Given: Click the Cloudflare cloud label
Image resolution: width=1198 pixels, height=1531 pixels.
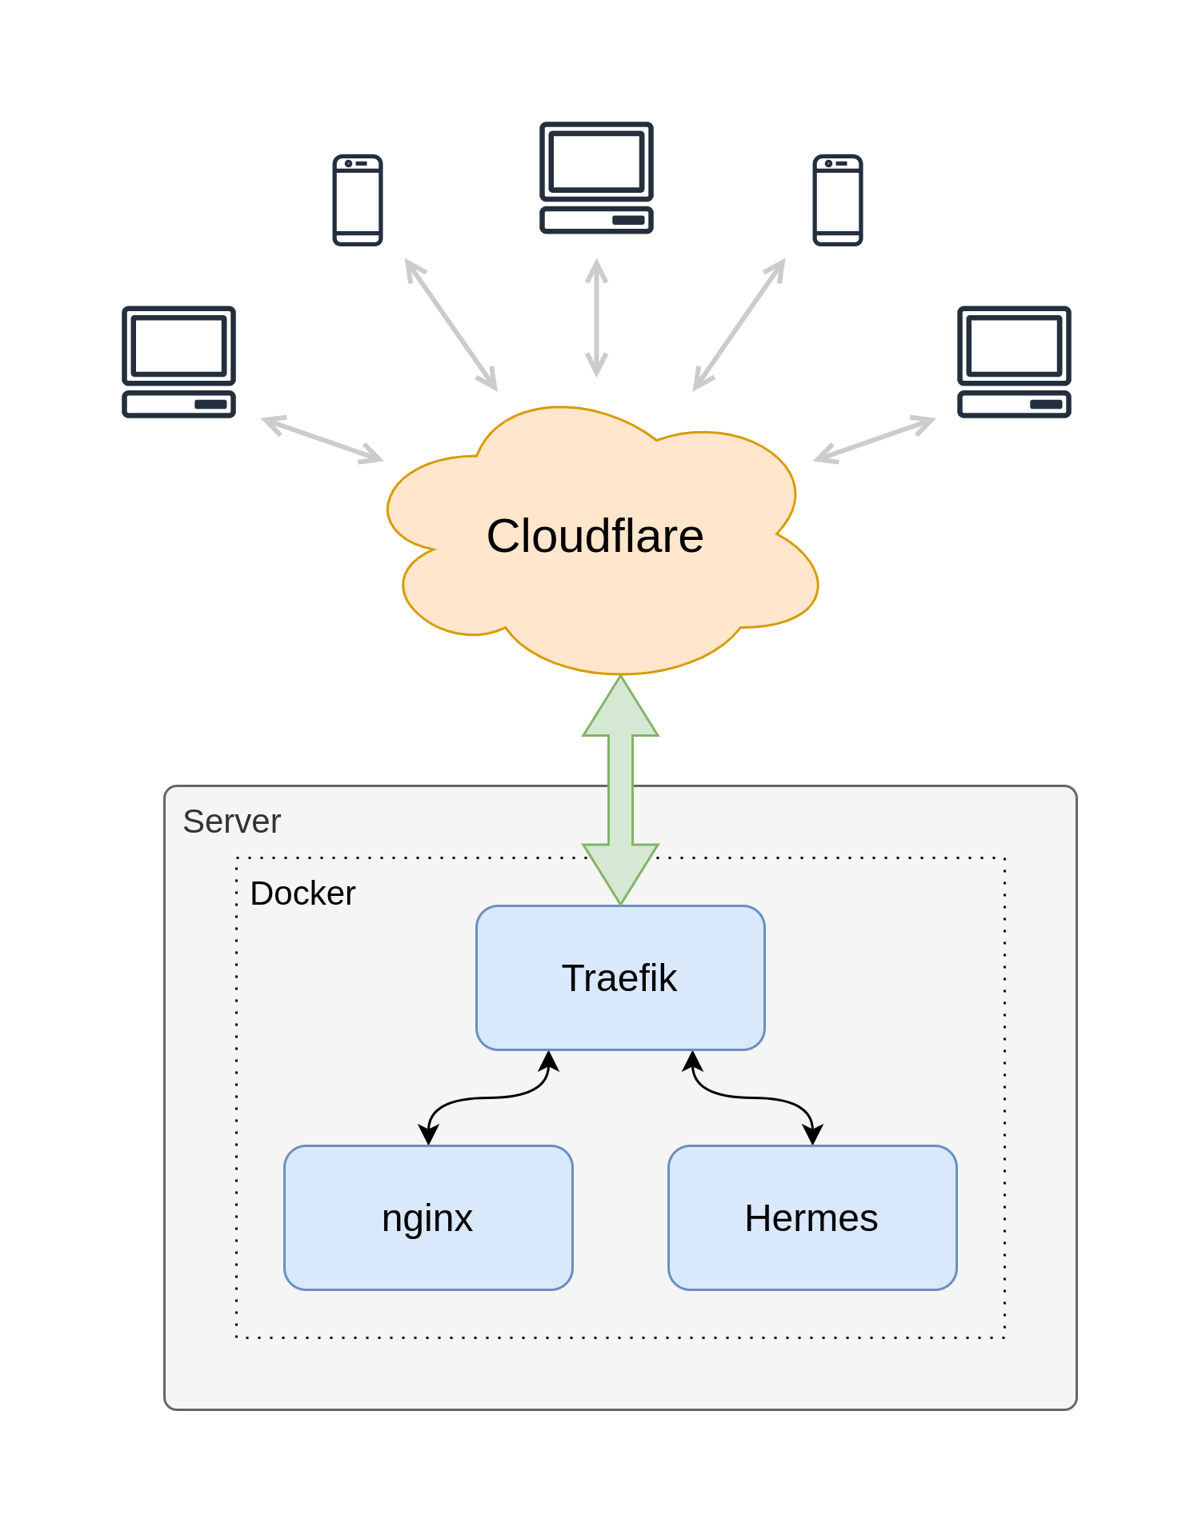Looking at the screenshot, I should click(x=595, y=536).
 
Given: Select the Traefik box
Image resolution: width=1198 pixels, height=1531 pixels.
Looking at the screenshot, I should click(x=619, y=977).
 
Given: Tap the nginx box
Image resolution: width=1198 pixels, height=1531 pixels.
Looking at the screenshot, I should click(x=427, y=1217).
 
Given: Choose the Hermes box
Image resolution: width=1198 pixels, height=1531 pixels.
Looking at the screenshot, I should click(x=811, y=1217).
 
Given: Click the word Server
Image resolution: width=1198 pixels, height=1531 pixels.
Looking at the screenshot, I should click(x=232, y=821).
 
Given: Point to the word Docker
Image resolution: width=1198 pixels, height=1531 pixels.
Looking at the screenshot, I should click(x=303, y=893).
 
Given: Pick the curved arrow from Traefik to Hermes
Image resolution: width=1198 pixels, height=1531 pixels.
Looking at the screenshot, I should click(x=752, y=1097).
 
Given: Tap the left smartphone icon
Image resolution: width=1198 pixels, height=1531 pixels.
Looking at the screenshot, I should click(x=358, y=200).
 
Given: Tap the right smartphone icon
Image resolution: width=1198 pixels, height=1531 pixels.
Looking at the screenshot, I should click(x=837, y=200).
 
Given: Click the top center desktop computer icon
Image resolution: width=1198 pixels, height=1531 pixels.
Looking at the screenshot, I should click(x=596, y=178).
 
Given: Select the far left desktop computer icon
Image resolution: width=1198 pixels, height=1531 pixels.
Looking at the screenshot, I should click(x=178, y=362).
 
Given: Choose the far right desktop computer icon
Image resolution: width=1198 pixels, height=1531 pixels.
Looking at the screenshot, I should click(x=1014, y=362).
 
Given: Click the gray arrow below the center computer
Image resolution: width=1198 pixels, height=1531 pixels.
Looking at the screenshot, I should click(x=596, y=318).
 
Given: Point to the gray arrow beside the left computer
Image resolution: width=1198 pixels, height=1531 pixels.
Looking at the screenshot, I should click(x=323, y=439).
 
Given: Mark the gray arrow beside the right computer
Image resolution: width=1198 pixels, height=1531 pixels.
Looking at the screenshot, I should click(x=874, y=439).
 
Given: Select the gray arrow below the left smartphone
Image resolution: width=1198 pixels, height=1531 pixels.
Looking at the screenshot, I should click(x=451, y=325).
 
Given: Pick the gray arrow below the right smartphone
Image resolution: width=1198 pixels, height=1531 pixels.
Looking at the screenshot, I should click(x=739, y=325).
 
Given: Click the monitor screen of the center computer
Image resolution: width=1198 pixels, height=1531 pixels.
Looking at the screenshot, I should click(x=596, y=161).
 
